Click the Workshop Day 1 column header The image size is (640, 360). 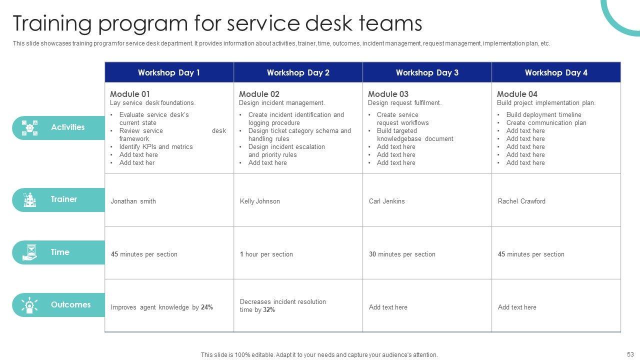[x=169, y=72]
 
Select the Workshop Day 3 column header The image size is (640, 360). [x=427, y=72]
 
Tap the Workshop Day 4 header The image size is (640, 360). [x=556, y=72]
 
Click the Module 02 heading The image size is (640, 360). [x=259, y=94]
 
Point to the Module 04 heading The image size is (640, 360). [x=517, y=94]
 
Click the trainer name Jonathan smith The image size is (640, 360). [x=133, y=201]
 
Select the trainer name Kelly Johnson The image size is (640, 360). [x=260, y=201]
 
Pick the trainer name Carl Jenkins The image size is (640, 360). [x=387, y=201]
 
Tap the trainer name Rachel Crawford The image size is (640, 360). [x=521, y=201]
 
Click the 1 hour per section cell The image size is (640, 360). [x=266, y=254]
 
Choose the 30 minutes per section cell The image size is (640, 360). [x=402, y=254]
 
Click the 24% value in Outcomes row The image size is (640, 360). [x=207, y=307]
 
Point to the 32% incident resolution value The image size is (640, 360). [x=269, y=310]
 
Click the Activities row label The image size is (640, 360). [x=67, y=127]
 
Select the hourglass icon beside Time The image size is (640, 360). [x=30, y=252]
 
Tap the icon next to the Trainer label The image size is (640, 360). [x=30, y=200]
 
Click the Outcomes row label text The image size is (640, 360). [x=70, y=305]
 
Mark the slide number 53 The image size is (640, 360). [x=629, y=354]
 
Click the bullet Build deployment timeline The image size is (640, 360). [x=543, y=115]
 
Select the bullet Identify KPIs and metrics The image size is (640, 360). [x=156, y=147]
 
